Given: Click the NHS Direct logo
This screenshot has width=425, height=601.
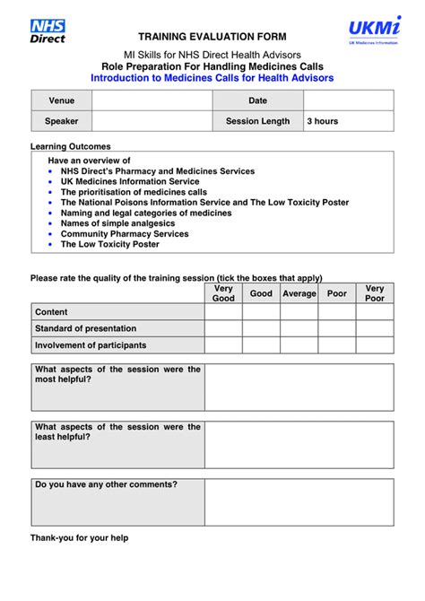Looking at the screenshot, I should coord(48,31).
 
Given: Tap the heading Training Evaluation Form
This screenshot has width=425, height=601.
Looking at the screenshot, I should coord(212,37).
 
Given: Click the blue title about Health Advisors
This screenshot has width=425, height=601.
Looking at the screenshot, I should coord(212,78).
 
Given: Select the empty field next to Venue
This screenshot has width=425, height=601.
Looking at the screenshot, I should coord(152,100).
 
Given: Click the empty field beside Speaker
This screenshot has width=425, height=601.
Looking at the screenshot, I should coord(152,121).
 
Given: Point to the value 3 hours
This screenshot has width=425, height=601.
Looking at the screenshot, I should coord(323,121).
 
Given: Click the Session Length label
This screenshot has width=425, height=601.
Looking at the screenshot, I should coord(257,121).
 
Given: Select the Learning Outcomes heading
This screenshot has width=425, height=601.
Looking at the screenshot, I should coord(71,146).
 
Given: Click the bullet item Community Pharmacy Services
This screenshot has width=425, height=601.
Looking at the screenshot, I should coord(125,234).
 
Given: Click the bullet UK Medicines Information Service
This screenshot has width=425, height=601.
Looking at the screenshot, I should coord(130,181).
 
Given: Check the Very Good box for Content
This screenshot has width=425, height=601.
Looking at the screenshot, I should coord(223,312).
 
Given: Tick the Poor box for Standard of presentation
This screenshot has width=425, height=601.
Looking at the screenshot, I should coord(336,328).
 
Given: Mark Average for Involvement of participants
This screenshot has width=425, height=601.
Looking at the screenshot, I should coord(299,345).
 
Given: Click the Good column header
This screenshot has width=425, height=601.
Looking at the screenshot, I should coord(261,293).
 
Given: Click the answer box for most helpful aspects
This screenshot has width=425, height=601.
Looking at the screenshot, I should coord(299,387).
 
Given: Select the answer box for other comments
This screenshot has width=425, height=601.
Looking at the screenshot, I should coord(299,501).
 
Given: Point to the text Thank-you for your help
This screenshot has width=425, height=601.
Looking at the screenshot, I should coord(79,538).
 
